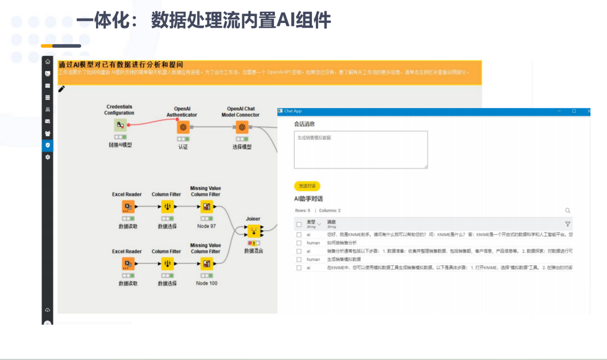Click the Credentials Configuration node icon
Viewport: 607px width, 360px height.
pos(120,125)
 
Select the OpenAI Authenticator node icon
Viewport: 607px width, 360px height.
pos(183,127)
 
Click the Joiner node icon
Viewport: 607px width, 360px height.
pos(254,231)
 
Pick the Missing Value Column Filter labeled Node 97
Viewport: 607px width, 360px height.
pos(207,207)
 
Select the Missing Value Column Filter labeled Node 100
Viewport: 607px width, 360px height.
pos(207,264)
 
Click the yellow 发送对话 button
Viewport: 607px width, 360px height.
pos(307,186)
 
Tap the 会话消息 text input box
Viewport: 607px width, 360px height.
pos(361,150)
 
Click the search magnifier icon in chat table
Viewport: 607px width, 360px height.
pos(568,210)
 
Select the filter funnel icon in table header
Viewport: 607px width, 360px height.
pos(567,224)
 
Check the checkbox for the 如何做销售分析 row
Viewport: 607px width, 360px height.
pos(299,243)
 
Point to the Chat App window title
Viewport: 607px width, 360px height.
pos(293,111)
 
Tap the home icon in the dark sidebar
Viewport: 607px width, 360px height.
pos(48,62)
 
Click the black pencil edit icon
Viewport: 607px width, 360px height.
pos(62,89)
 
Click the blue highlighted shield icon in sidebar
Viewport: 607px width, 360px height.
pos(48,145)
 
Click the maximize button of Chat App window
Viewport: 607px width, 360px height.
pos(574,111)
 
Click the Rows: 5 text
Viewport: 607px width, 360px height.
pos(302,210)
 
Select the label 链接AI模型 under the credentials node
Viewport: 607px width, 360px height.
pos(120,145)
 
